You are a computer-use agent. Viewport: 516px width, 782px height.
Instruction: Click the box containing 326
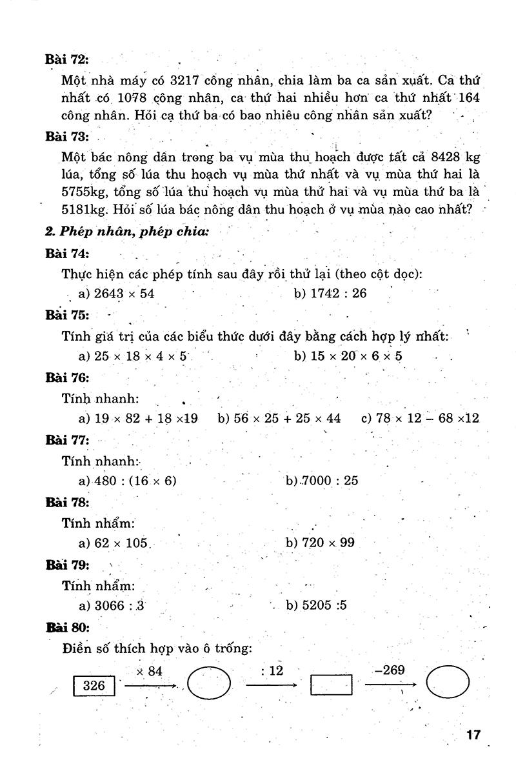(94, 685)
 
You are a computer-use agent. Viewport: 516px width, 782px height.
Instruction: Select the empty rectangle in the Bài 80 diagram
(332, 685)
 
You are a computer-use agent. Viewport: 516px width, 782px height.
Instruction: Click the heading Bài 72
(66, 59)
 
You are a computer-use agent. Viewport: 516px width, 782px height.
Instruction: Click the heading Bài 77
(67, 440)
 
